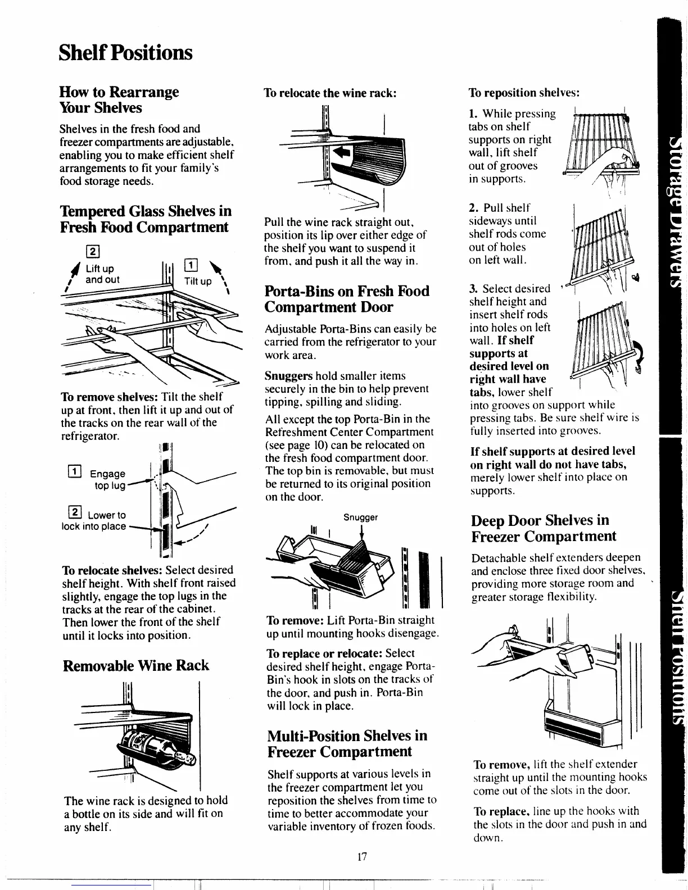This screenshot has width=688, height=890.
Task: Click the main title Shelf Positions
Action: (125, 53)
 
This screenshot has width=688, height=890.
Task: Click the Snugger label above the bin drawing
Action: (360, 517)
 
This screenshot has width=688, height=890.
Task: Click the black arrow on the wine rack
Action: (341, 152)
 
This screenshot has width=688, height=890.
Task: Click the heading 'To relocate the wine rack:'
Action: (331, 93)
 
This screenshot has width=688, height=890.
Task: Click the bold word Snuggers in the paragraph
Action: (288, 376)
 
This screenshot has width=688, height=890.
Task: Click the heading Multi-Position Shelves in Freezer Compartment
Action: (347, 743)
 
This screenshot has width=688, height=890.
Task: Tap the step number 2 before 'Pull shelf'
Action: (473, 208)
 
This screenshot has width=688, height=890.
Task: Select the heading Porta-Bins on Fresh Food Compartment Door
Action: (347, 299)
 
